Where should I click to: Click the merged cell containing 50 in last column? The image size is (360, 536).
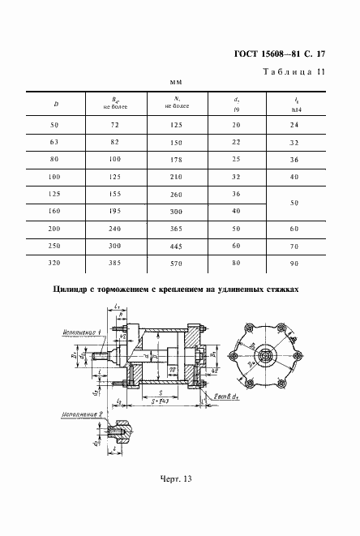(294, 203)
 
